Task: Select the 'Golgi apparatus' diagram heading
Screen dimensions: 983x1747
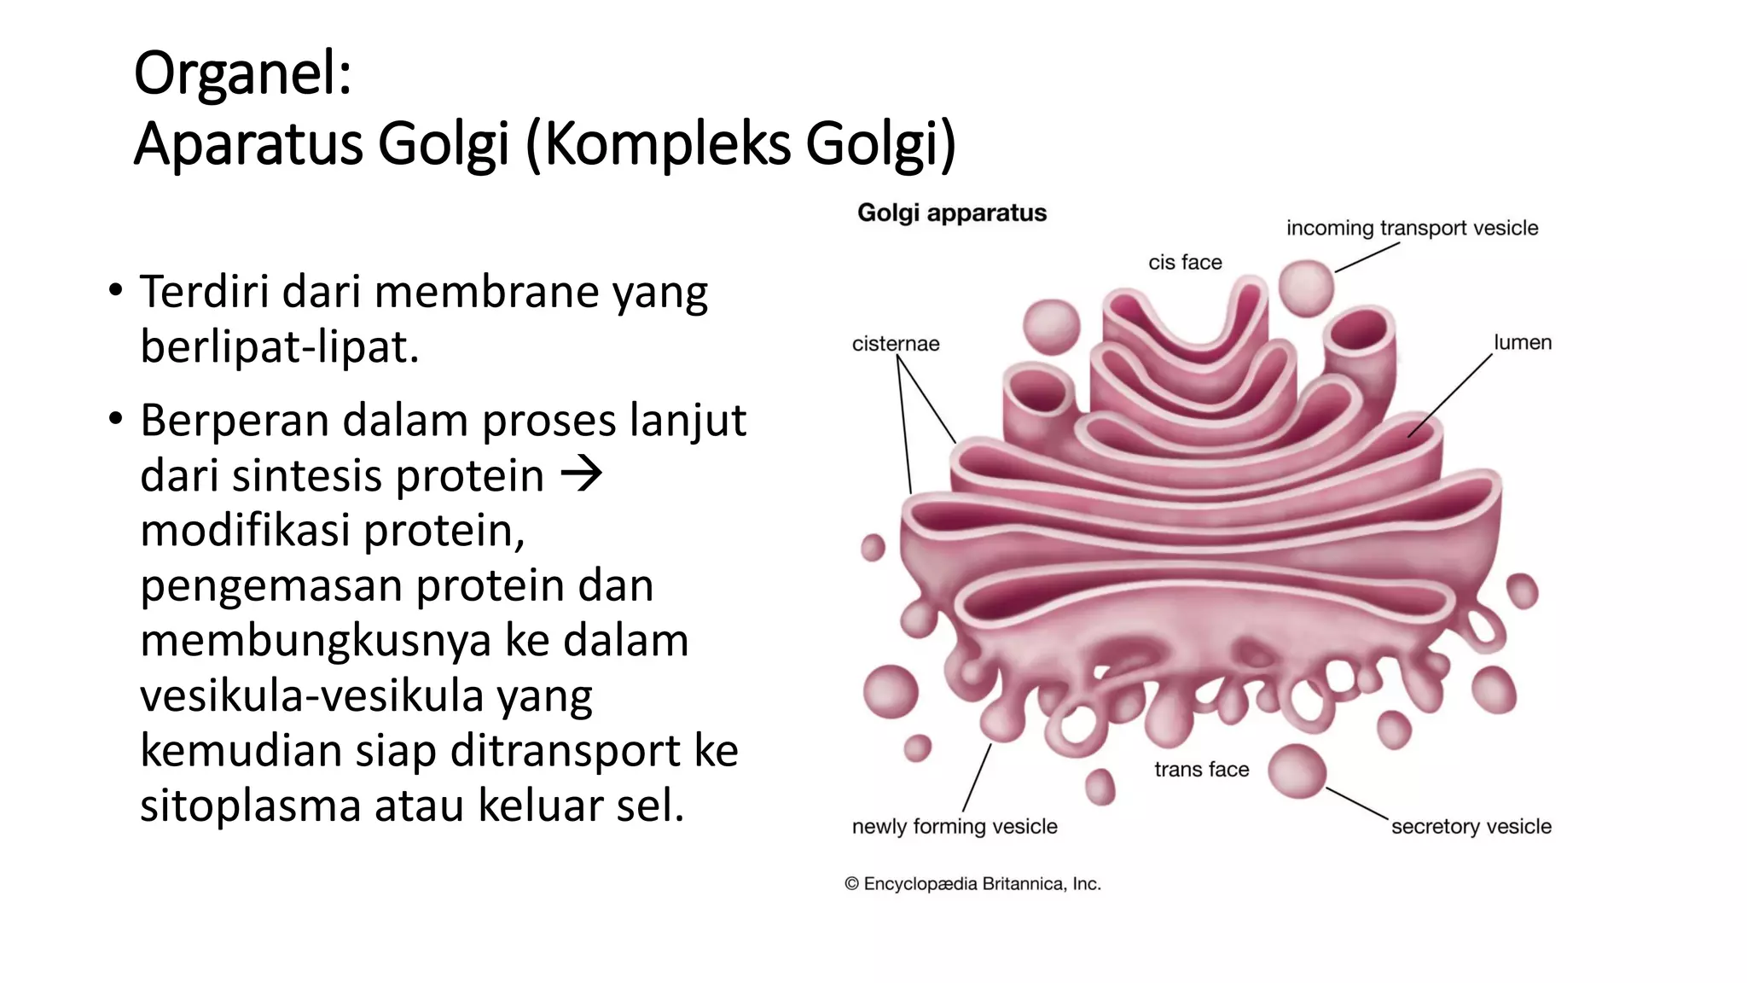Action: pyautogui.click(x=951, y=212)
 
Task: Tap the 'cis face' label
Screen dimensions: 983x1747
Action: pyautogui.click(x=1185, y=262)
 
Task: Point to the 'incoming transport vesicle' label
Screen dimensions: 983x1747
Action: pyautogui.click(x=1412, y=228)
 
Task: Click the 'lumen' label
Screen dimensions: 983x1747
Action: pyautogui.click(x=1522, y=342)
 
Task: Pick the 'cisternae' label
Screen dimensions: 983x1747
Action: pyautogui.click(x=895, y=344)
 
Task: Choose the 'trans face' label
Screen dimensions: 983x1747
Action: pyautogui.click(x=1201, y=770)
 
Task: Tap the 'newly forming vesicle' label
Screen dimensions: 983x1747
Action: pyautogui.click(x=955, y=826)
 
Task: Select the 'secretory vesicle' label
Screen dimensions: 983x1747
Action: pyautogui.click(x=1471, y=826)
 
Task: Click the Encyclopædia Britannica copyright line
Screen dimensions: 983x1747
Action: pyautogui.click(x=972, y=884)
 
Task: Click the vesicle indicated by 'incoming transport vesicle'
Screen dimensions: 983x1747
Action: pyautogui.click(x=1306, y=288)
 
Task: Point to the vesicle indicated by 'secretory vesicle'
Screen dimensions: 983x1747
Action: pyautogui.click(x=1297, y=771)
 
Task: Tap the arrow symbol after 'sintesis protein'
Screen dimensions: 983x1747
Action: pyautogui.click(x=582, y=474)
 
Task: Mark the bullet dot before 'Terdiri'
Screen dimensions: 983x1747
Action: pyautogui.click(x=115, y=291)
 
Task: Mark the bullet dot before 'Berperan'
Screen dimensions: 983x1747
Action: pyautogui.click(x=115, y=420)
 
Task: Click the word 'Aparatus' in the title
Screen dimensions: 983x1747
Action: pyautogui.click(x=248, y=143)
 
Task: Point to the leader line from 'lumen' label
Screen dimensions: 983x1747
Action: pyautogui.click(x=1450, y=394)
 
